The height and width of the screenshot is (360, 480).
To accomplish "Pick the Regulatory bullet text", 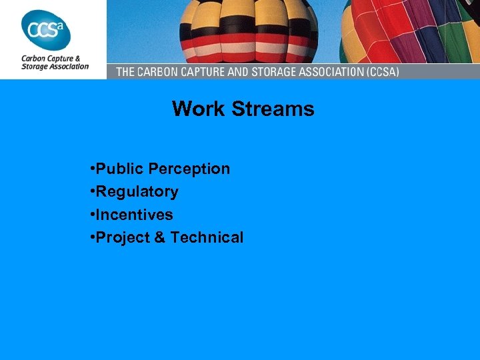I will (137, 192).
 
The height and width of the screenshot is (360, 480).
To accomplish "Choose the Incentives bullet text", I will (134, 215).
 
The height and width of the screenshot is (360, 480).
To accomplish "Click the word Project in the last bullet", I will (123, 237).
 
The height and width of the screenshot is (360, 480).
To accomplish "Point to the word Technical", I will (207, 237).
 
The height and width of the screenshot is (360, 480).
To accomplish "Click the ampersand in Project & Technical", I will (159, 237).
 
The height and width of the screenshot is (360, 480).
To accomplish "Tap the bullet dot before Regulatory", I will (91, 193).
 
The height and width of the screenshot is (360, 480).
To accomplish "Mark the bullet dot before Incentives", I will (91, 215).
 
